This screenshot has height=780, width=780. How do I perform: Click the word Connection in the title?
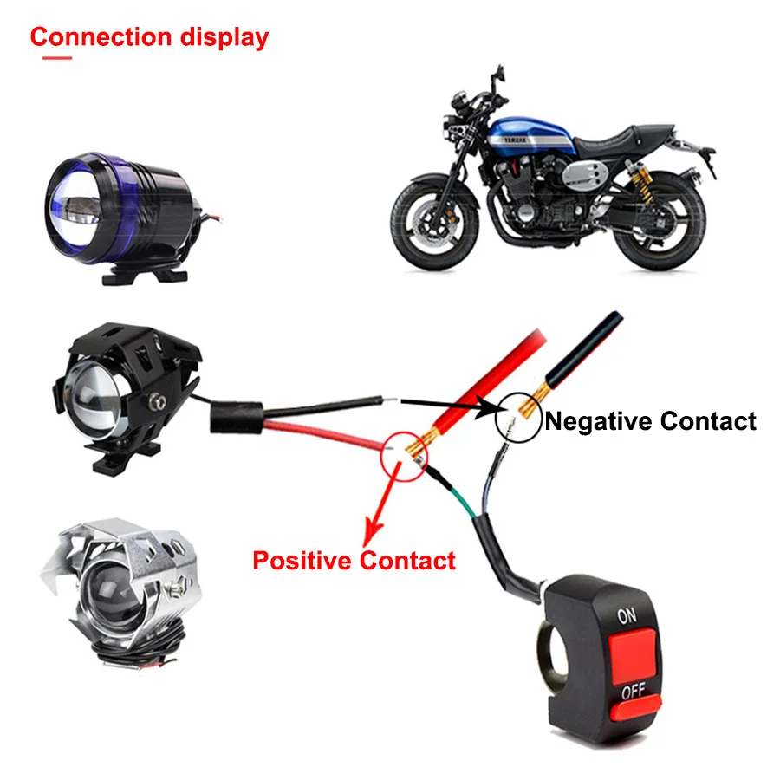101,36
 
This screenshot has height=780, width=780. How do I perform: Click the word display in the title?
224,38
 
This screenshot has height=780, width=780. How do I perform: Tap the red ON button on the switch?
633,656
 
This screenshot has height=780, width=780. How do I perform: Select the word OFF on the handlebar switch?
634,691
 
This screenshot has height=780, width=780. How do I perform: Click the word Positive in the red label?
302,560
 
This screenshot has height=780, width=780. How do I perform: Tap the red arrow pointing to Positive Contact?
381,504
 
